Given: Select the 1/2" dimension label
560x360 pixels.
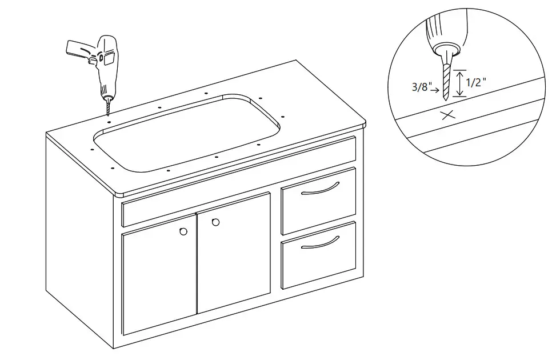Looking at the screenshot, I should click(477, 82).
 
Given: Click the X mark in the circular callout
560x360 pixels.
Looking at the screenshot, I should click(449, 115).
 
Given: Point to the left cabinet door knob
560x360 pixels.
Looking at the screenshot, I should click(183, 231).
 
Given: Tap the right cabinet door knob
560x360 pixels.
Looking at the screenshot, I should click(215, 222).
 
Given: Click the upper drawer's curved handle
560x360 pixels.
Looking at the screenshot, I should click(320, 189).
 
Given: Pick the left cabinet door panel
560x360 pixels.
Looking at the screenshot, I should click(159, 280).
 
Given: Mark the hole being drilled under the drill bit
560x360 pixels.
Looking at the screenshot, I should click(108, 121).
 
